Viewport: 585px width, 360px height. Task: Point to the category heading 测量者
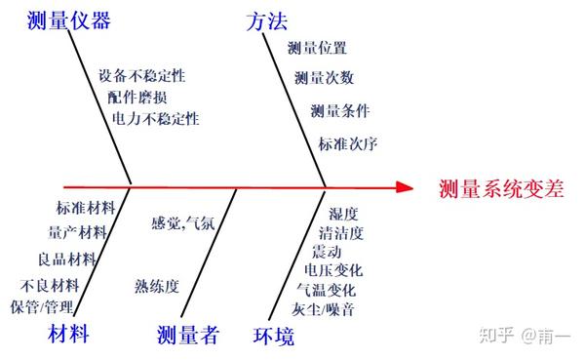(x=188, y=337)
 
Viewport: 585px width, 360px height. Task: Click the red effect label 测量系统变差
(x=500, y=189)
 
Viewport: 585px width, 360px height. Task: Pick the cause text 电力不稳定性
(x=155, y=118)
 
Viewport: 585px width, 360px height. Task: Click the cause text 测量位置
(x=317, y=47)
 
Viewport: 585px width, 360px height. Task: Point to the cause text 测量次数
(x=324, y=77)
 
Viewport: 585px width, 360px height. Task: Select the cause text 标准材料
(x=86, y=208)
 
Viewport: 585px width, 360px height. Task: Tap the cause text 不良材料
(x=49, y=286)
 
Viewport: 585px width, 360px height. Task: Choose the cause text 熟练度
(x=157, y=286)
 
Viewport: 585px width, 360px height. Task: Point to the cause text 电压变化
(x=331, y=270)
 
